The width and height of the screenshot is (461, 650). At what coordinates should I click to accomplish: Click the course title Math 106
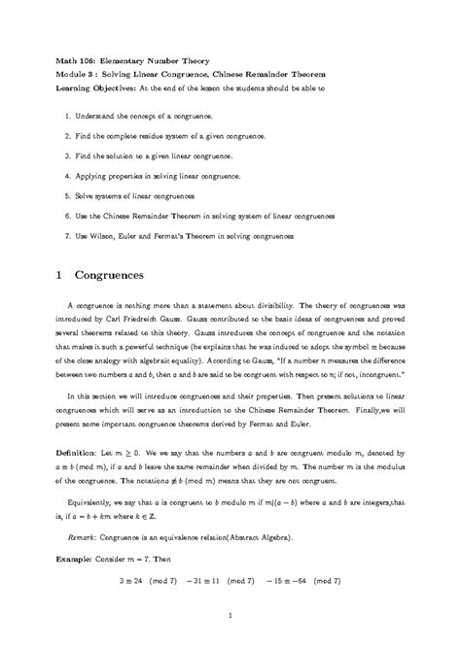pos(77,60)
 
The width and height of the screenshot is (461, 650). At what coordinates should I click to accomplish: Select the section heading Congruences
pos(116,275)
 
